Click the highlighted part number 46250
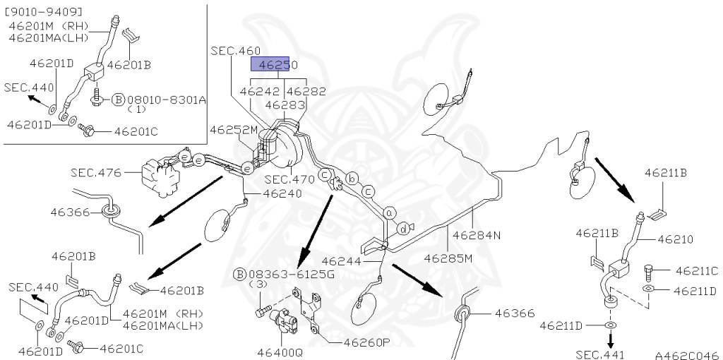click(275, 65)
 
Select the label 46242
click(261, 92)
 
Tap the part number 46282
click(306, 92)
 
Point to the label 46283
click(285, 104)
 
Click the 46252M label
click(233, 130)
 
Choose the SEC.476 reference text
click(96, 172)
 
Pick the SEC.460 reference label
click(235, 51)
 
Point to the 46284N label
click(477, 235)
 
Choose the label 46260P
click(367, 342)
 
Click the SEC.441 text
click(600, 354)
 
